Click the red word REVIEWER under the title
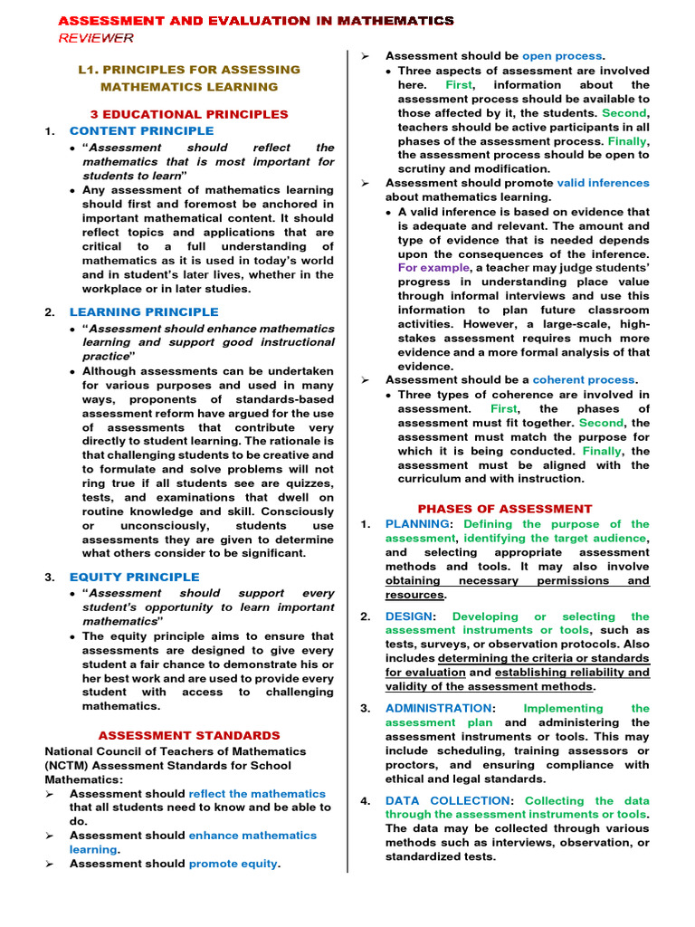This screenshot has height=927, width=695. (96, 37)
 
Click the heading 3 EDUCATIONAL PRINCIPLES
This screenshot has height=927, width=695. (189, 114)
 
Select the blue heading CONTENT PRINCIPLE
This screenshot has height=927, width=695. (141, 131)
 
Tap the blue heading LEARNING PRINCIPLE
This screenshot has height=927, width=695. (144, 312)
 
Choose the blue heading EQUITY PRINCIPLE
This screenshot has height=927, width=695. (134, 577)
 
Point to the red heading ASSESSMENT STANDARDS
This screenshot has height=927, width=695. (189, 735)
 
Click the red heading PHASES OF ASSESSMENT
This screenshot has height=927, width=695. (504, 509)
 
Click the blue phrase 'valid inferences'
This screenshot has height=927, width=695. (603, 183)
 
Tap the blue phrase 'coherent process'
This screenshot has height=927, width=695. (585, 380)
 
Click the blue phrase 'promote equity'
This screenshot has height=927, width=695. (233, 864)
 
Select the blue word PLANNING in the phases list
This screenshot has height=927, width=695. (416, 524)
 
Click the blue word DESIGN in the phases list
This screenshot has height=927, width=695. (409, 616)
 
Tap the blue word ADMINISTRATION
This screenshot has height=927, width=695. (438, 708)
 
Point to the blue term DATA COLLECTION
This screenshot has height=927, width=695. (447, 800)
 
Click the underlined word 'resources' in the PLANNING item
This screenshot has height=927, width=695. (414, 595)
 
